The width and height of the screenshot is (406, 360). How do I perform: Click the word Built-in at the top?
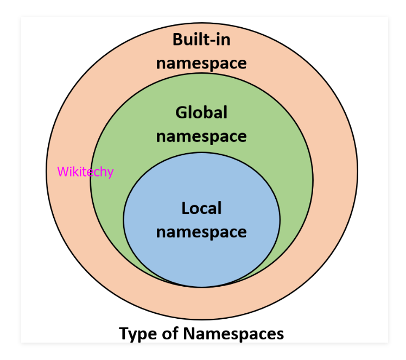tap(201, 40)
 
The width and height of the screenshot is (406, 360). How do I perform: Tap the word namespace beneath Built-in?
tap(201, 64)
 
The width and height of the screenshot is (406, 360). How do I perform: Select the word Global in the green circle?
tap(201, 112)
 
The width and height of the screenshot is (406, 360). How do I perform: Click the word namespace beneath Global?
tap(201, 137)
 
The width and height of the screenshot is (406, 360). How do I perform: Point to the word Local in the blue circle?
tap(201, 208)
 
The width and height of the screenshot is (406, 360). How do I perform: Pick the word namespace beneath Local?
tap(201, 232)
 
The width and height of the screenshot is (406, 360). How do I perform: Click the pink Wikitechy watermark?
tap(85, 172)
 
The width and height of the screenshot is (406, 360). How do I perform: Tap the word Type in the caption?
tap(138, 334)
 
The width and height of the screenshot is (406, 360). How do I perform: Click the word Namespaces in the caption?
tap(233, 334)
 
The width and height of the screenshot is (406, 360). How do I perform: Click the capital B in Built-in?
tap(177, 40)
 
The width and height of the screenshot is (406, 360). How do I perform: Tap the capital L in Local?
tap(186, 208)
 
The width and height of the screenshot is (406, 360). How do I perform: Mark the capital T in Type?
tap(124, 333)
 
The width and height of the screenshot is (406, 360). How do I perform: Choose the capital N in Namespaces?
tap(189, 333)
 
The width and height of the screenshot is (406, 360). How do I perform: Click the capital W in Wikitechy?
tap(63, 172)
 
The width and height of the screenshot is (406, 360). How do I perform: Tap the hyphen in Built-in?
tap(212, 41)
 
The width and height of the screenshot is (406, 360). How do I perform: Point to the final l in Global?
tap(226, 112)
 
